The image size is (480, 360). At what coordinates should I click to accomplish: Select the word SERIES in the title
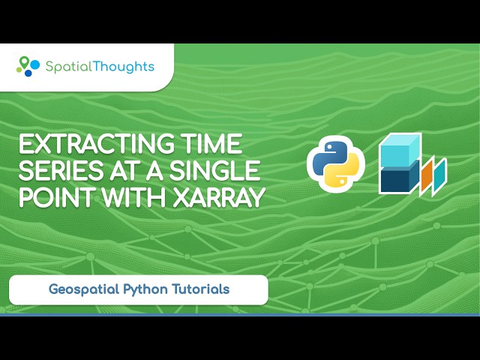click(56, 171)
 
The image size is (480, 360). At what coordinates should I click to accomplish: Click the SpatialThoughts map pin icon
click(28, 66)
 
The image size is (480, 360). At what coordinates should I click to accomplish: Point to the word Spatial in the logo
click(69, 67)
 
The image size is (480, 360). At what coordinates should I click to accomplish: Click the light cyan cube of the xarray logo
click(398, 151)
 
